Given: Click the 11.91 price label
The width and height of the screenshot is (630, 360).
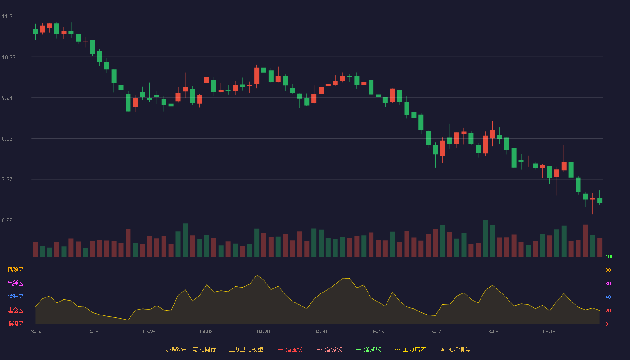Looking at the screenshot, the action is tap(9, 17).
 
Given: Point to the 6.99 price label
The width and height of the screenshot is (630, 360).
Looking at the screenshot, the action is tap(7, 220).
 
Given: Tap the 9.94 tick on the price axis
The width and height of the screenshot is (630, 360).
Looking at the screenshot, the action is tap(7, 98).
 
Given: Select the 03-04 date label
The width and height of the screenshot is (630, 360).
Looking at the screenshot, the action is tap(35, 332).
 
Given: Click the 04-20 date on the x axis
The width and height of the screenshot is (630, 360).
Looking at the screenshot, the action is tap(263, 332).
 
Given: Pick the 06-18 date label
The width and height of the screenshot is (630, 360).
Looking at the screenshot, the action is tap(549, 332).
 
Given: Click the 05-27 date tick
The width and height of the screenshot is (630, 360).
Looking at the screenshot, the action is tap(435, 332).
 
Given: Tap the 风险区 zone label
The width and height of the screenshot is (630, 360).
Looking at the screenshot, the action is tap(15, 270).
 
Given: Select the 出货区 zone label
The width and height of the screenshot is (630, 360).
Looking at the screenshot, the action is tap(15, 283).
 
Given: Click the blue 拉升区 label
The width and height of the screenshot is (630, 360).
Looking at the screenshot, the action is tap(15, 297).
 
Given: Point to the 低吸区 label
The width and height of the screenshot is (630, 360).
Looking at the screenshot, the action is tap(15, 324).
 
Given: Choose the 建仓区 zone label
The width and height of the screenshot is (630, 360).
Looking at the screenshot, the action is tap(15, 310).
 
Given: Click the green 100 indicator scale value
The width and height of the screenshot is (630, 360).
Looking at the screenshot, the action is tap(609, 256).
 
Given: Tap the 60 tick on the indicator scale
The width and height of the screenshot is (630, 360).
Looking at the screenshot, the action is tap(608, 283).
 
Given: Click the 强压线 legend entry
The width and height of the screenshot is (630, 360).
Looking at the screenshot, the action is tap(290, 349).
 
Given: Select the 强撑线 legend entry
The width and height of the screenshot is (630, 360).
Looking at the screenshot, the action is tap(369, 349).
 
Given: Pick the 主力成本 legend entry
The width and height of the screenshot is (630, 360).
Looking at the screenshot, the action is tap(410, 349).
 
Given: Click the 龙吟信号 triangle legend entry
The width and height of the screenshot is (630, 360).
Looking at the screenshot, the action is tap(455, 349).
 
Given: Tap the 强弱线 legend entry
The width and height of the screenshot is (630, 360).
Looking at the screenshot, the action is tap(329, 349).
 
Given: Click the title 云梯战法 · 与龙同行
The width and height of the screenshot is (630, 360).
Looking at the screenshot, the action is tap(189, 349).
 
